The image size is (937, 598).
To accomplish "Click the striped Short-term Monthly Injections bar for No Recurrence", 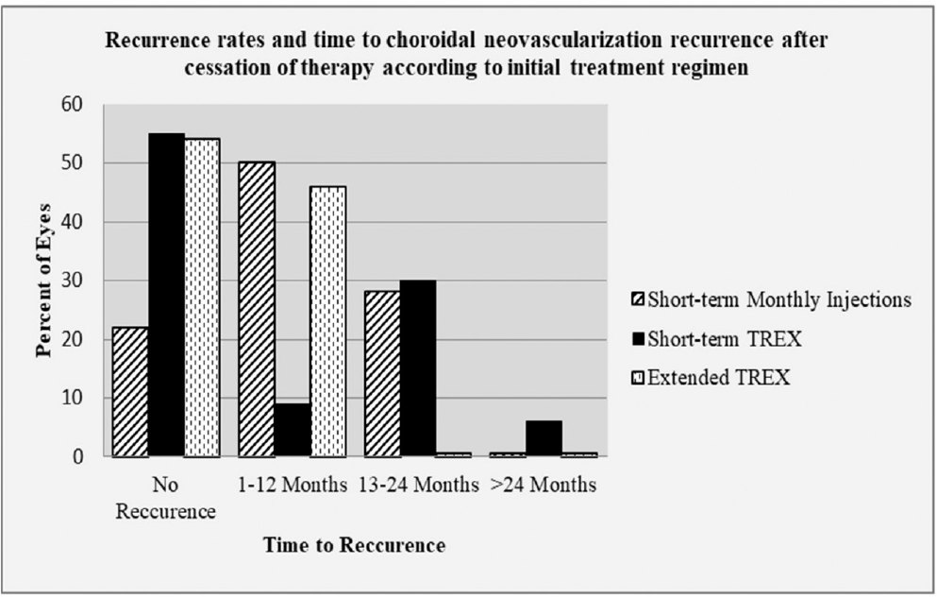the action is click(x=130, y=392).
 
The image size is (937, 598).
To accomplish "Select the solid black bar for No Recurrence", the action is click(x=166, y=295).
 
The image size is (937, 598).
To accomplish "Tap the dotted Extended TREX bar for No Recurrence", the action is click(x=202, y=298).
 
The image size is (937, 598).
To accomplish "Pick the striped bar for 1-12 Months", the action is click(x=257, y=309).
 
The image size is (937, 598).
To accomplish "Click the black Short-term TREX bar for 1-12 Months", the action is click(x=293, y=430).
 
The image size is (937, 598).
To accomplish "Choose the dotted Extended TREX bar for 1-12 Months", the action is click(x=328, y=322).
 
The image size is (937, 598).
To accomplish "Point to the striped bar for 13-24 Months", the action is click(x=382, y=374).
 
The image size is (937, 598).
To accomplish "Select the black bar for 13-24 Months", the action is click(x=418, y=368).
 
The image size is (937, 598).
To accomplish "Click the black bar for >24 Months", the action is click(x=544, y=438).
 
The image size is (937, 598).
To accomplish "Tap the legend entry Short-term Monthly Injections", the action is click(x=772, y=299).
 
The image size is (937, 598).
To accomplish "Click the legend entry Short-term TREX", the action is click(x=716, y=339).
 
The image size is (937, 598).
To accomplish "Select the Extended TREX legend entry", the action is click(x=711, y=378).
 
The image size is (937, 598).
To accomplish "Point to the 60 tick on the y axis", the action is click(x=72, y=105).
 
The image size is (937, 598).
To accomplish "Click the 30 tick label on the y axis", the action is click(x=72, y=281).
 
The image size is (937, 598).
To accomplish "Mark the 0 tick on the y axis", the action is click(x=77, y=457).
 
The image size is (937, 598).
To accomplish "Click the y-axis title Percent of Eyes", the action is click(x=44, y=281).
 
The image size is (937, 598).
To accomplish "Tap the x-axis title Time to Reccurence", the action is click(x=355, y=545).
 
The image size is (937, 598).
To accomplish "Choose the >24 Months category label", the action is click(x=544, y=485).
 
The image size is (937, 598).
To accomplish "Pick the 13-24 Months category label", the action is click(x=419, y=485).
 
